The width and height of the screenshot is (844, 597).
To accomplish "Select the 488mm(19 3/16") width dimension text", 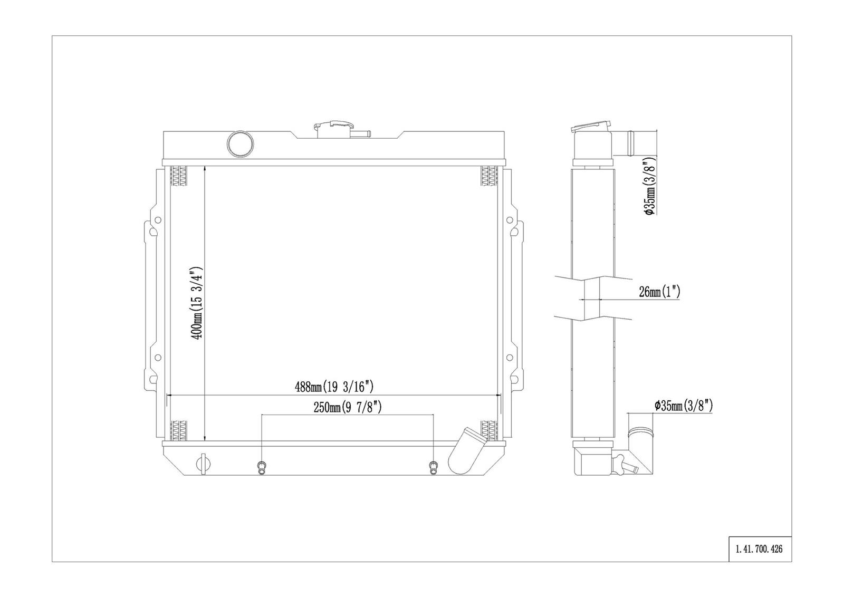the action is [334, 387].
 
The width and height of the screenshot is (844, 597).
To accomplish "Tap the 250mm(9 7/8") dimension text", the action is [348, 407].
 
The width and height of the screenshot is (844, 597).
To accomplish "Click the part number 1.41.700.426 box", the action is [760, 549].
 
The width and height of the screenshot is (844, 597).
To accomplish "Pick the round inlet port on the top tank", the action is [241, 143].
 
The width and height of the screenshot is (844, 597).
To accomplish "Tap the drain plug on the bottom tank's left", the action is [204, 464].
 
